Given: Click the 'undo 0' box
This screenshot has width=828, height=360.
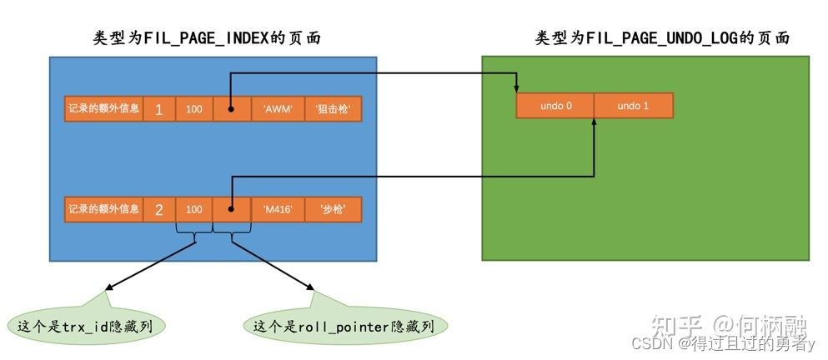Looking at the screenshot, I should (555, 106).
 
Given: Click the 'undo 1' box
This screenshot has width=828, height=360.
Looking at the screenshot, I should (633, 106).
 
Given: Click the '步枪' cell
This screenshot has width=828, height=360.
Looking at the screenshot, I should (334, 209).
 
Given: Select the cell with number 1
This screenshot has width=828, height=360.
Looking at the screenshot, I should (158, 109).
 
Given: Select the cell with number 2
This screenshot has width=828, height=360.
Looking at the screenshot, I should (158, 209).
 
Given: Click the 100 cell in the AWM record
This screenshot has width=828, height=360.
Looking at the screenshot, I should (194, 109).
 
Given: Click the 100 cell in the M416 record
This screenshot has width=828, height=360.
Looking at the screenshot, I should (194, 209).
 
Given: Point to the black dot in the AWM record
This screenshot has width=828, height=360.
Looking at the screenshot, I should (231, 109).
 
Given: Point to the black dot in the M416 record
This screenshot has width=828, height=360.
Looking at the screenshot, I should (231, 209).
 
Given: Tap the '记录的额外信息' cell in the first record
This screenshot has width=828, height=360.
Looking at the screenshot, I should (103, 109).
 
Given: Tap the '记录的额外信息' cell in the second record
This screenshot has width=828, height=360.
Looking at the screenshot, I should (103, 209).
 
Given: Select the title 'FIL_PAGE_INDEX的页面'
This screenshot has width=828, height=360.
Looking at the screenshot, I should (207, 38).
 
